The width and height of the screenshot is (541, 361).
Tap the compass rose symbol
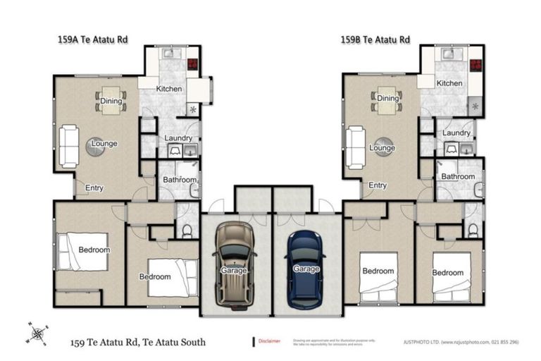coord(39,334)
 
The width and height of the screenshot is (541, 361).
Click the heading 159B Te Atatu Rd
coord(371,39)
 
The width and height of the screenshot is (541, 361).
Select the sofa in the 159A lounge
coord(68,145)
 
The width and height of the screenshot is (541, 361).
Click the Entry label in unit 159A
coord(94,188)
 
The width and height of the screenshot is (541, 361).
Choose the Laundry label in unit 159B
coord(456,133)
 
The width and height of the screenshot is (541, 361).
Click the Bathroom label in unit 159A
coord(179,180)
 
